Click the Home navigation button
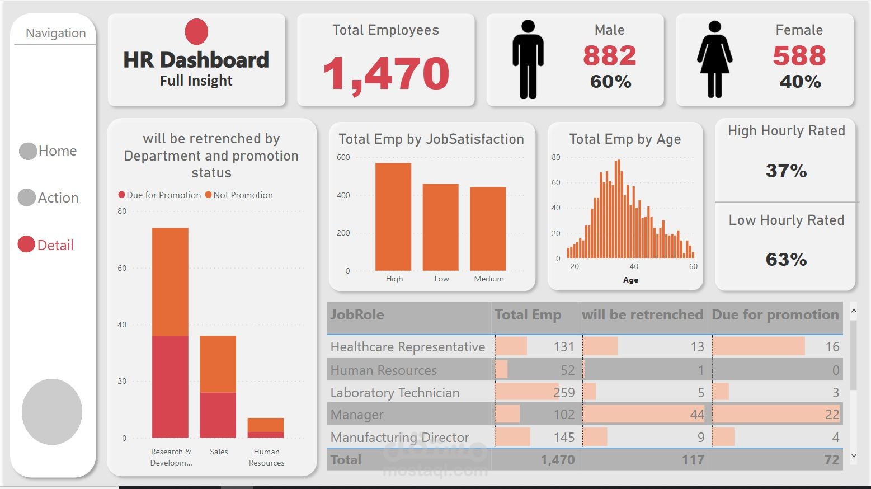click(x=48, y=151)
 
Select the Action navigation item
click(x=48, y=198)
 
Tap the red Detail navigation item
click(x=46, y=244)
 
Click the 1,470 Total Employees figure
click(x=386, y=73)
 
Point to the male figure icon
click(x=528, y=59)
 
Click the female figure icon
click(x=715, y=59)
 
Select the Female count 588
click(x=799, y=55)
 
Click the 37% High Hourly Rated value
click(x=786, y=171)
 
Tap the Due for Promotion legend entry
click(x=159, y=195)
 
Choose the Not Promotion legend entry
click(x=239, y=195)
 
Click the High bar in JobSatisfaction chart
click(x=393, y=217)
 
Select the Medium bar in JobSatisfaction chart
click(x=488, y=229)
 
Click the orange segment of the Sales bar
click(x=218, y=364)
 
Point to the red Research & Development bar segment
click(x=170, y=386)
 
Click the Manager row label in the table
click(x=357, y=415)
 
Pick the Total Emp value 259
click(x=564, y=393)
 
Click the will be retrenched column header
click(x=642, y=315)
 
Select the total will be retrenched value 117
click(x=693, y=460)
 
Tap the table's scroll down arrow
click(x=854, y=455)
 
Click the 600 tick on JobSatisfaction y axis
click(x=343, y=158)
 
